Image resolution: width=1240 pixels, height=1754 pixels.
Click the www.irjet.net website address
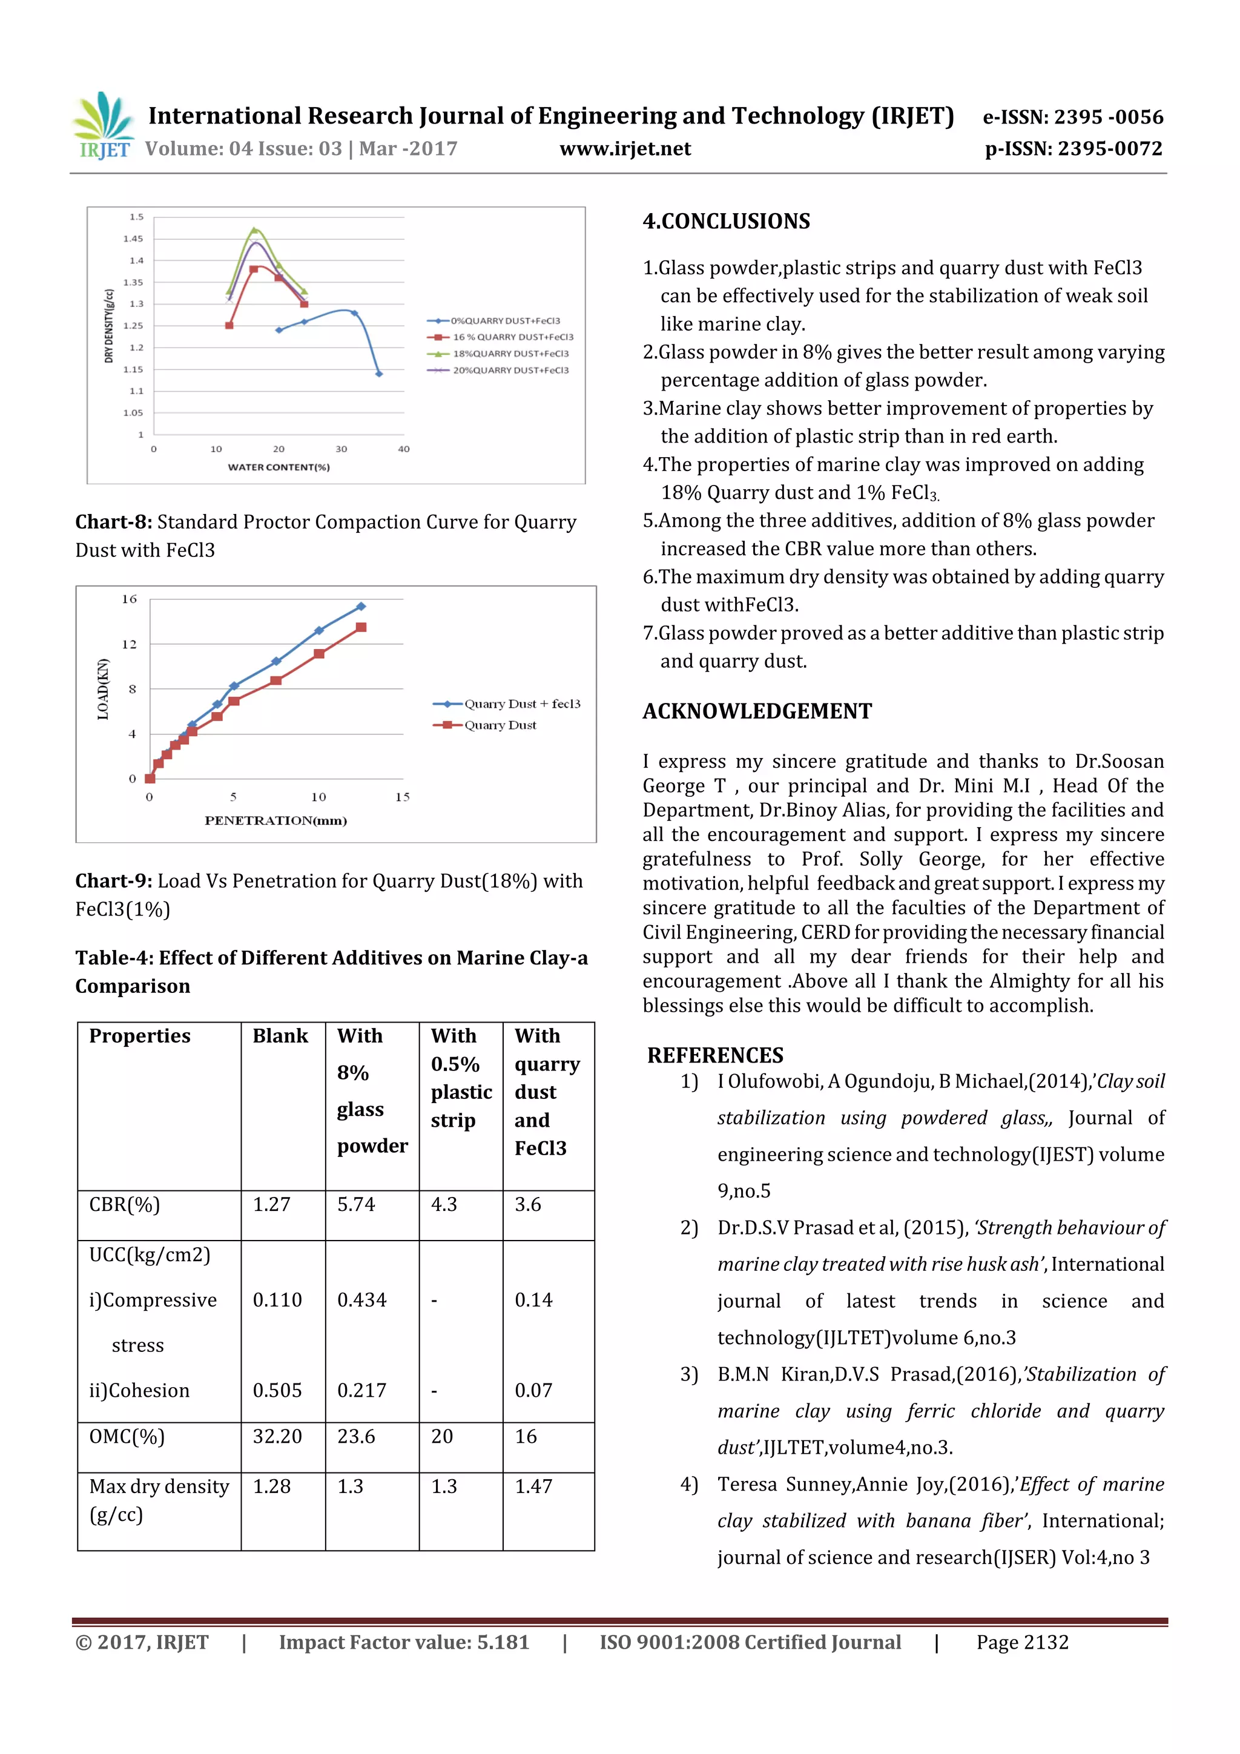coord(625,148)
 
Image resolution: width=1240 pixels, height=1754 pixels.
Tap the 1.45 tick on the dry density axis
coord(133,239)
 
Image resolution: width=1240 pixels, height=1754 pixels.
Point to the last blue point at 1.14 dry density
coord(379,374)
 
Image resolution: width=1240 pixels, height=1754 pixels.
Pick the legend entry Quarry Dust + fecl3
coord(522,704)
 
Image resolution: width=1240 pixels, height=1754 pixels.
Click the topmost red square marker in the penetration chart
coord(361,627)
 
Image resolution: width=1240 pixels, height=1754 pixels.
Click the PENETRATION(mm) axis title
coord(276,820)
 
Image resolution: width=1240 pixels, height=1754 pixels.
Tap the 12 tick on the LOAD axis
coord(129,645)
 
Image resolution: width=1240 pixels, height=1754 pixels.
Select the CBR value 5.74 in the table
coord(356,1205)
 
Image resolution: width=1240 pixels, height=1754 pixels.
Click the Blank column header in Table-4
coord(280,1036)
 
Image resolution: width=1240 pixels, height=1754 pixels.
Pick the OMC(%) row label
coord(127,1436)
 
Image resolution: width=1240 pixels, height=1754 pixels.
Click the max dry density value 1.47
coord(533,1486)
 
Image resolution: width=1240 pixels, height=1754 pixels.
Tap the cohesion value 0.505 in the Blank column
coord(277,1390)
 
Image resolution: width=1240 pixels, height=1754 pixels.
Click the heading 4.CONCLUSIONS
coord(726,222)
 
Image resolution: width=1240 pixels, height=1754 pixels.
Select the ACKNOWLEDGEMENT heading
coord(756,711)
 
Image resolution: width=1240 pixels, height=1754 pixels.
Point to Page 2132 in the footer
coord(1021,1643)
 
